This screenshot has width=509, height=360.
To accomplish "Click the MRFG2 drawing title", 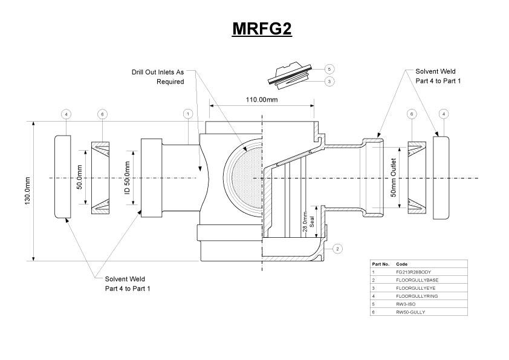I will pyautogui.click(x=262, y=29).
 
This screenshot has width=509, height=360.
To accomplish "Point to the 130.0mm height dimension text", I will pyautogui.click(x=27, y=191).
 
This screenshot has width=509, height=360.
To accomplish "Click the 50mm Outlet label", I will pyautogui.click(x=393, y=178).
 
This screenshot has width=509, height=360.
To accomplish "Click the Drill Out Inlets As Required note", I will pyautogui.click(x=158, y=76).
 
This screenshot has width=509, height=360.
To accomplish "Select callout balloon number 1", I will pyautogui.click(x=188, y=114).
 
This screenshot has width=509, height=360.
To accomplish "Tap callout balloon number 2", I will pyautogui.click(x=337, y=248).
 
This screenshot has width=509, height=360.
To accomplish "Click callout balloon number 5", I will pyautogui.click(x=329, y=69).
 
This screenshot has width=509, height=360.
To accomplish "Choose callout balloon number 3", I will pyautogui.click(x=329, y=81).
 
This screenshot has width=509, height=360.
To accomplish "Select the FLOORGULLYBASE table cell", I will pyautogui.click(x=417, y=280).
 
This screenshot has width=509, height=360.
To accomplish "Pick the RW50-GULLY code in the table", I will pyautogui.click(x=410, y=312).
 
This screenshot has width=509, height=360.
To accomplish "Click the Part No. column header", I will pyautogui.click(x=381, y=264).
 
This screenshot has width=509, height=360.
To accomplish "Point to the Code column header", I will pyautogui.click(x=401, y=264).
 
